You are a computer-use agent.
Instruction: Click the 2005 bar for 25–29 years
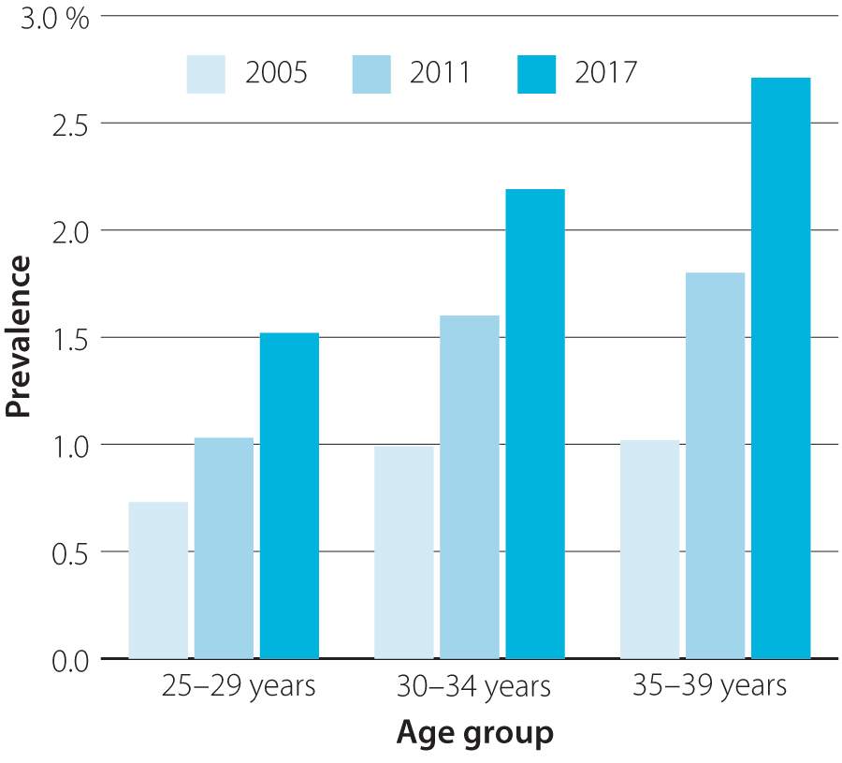(158, 580)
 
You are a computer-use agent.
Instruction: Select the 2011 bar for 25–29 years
(224, 548)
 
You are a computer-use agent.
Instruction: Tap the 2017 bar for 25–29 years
(289, 495)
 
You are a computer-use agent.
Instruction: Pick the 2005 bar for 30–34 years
(404, 552)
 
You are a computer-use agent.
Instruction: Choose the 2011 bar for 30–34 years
(470, 487)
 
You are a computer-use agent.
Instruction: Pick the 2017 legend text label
(605, 74)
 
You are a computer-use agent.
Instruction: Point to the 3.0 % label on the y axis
(56, 19)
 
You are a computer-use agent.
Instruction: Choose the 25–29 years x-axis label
(239, 686)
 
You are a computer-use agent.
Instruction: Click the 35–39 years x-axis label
(709, 686)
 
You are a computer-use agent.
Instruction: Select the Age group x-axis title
(475, 733)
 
